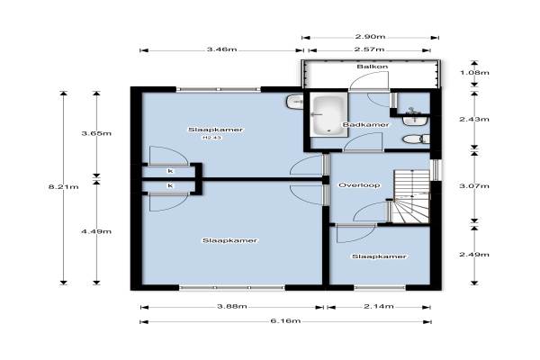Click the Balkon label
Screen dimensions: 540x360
(x=373, y=67)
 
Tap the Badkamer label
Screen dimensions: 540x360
(x=365, y=125)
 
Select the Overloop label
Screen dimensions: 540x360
(x=359, y=185)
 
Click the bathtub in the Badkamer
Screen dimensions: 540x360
(x=328, y=114)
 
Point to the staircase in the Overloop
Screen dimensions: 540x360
(x=412, y=196)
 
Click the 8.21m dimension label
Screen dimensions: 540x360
(x=63, y=187)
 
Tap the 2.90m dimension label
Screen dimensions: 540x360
(x=370, y=37)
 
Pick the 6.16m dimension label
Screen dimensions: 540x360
(x=285, y=321)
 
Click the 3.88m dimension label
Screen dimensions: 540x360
(x=232, y=306)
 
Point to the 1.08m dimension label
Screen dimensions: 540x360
(x=474, y=73)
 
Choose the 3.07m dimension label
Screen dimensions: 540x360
(x=474, y=186)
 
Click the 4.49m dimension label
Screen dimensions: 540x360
(x=96, y=231)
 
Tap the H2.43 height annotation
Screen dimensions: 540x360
(x=211, y=138)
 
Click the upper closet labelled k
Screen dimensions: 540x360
(x=170, y=171)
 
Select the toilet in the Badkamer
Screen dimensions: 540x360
(x=416, y=139)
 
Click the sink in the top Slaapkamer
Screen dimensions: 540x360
(x=293, y=102)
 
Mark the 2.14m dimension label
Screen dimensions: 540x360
(x=379, y=306)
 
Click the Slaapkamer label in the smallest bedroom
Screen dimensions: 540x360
(x=379, y=256)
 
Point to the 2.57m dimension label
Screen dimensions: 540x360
(x=369, y=49)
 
